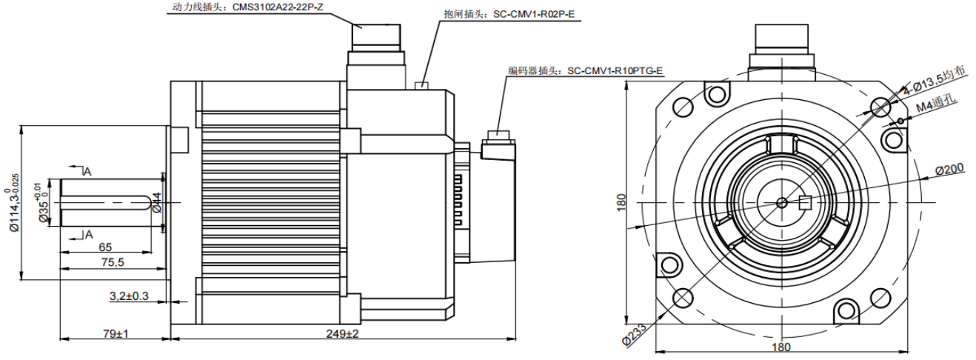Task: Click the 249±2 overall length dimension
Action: (342, 334)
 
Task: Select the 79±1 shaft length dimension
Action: (114, 334)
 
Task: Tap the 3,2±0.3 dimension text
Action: (129, 296)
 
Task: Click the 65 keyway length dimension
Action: (105, 247)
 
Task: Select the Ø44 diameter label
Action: (156, 202)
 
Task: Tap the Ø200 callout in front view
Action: (949, 170)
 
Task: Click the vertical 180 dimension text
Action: (621, 201)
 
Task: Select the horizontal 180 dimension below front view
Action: (781, 346)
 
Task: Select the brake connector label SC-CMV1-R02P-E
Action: (509, 14)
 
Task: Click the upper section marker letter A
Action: (87, 172)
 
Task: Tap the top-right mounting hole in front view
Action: (880, 105)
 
